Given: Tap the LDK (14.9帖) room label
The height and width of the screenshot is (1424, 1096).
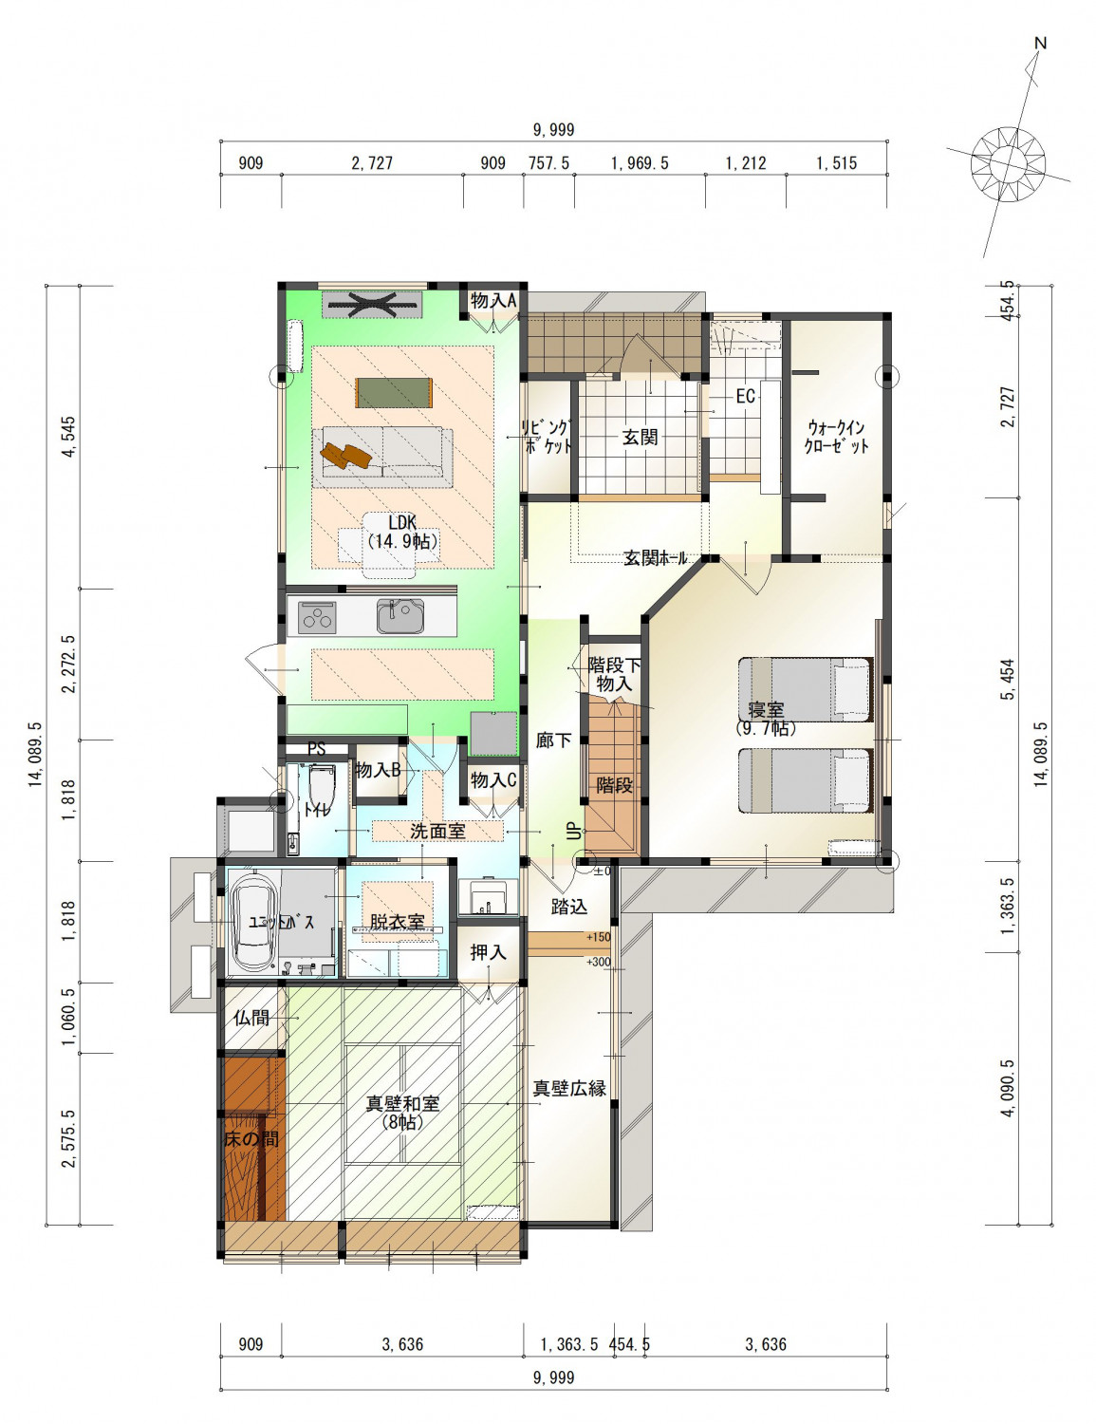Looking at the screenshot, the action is [x=402, y=532].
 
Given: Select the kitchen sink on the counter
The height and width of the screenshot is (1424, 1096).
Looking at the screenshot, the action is [x=399, y=616].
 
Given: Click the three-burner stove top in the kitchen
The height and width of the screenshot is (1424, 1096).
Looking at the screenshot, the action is [x=316, y=617].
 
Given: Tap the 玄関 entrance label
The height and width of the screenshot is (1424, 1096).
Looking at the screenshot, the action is [x=639, y=437].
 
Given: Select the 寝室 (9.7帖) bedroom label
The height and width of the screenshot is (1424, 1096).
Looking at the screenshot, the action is [x=765, y=719].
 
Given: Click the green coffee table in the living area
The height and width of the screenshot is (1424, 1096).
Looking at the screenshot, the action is [x=394, y=392].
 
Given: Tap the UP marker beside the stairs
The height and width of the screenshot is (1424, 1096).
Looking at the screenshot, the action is [x=574, y=831].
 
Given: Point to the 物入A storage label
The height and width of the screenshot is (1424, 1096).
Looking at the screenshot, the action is [x=493, y=301].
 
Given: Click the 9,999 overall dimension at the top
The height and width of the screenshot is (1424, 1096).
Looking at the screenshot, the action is [x=553, y=130].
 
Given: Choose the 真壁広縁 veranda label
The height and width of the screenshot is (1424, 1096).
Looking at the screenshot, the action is [x=568, y=1089].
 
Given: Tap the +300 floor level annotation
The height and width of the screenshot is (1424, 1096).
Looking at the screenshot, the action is [x=599, y=962].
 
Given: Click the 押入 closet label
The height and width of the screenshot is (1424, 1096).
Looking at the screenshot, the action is [x=488, y=952].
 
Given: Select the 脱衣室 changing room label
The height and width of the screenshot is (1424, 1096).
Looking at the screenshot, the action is [x=397, y=922].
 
